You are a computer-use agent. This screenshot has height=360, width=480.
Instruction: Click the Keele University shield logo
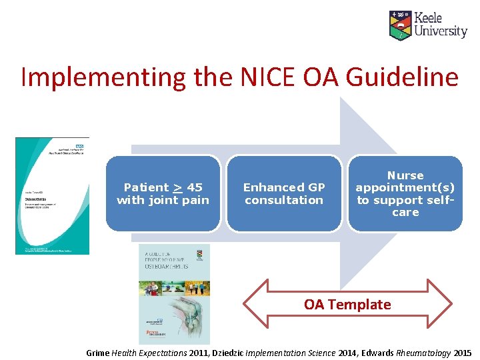pyautogui.click(x=400, y=25)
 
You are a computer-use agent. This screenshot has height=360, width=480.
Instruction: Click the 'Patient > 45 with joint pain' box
pyautogui.click(x=163, y=193)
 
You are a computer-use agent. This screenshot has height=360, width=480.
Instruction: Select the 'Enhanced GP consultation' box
pyautogui.click(x=284, y=193)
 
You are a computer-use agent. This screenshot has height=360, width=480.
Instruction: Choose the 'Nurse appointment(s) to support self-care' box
pyautogui.click(x=405, y=193)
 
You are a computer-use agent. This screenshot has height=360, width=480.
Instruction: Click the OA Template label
pyautogui.click(x=347, y=305)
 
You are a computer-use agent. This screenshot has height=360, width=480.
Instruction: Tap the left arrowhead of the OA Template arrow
pyautogui.click(x=255, y=305)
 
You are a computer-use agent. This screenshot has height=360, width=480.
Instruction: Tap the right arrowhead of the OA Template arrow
pyautogui.click(x=440, y=305)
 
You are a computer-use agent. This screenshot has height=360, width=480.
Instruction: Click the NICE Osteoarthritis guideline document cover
pyautogui.click(x=52, y=195)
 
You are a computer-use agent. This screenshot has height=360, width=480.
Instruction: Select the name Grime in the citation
pyautogui.click(x=98, y=353)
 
